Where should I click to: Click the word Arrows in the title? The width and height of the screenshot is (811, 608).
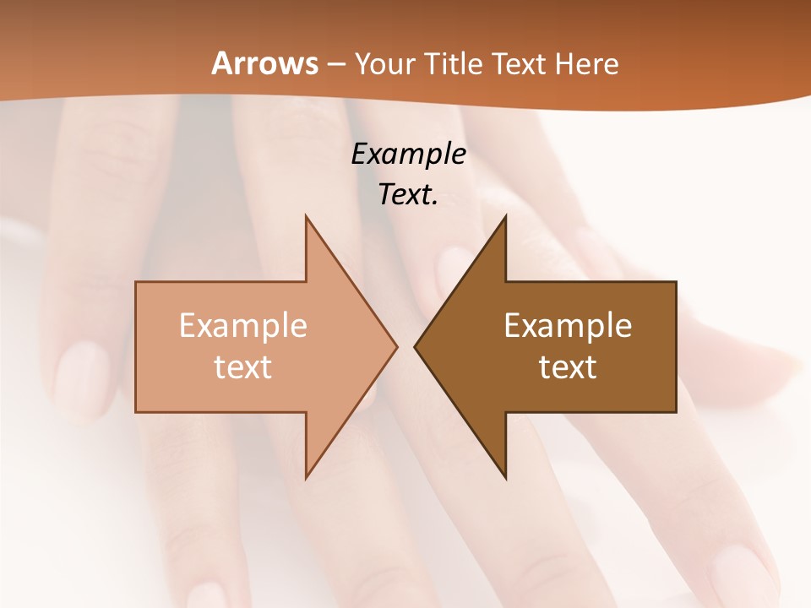coord(265,64)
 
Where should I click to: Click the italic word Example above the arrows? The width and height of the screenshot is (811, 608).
coord(408,155)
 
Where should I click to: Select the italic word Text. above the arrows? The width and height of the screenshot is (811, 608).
coord(408,194)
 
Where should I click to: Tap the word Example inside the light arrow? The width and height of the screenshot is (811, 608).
coord(243,326)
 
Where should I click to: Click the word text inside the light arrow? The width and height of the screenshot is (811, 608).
coord(243,367)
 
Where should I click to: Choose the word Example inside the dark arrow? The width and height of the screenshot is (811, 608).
coord(568,326)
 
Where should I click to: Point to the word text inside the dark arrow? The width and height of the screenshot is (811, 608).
coord(568,367)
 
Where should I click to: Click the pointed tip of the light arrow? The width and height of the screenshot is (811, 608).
coord(396,346)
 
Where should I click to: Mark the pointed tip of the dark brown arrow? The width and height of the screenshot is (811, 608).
coord(415,346)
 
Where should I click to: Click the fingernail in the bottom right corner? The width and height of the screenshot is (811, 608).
coord(742,574)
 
